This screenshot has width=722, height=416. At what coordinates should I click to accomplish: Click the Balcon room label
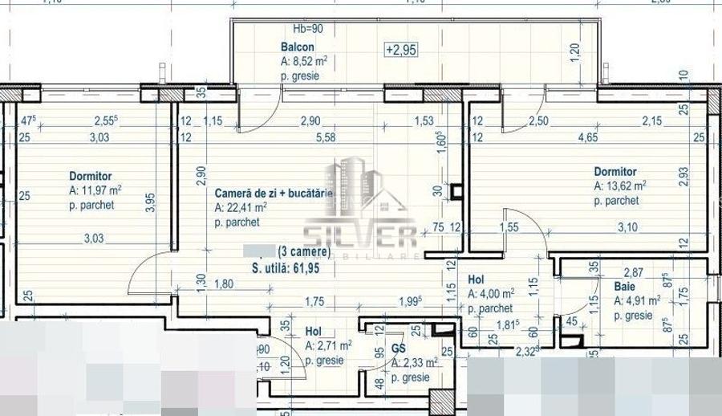tap(295, 47)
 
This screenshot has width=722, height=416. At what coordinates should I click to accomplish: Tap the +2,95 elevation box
tap(400, 50)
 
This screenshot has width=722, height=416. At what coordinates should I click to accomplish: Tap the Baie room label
tap(625, 286)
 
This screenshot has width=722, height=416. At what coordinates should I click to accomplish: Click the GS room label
tap(399, 349)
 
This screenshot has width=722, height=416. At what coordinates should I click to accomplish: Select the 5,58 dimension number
tap(327, 137)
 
